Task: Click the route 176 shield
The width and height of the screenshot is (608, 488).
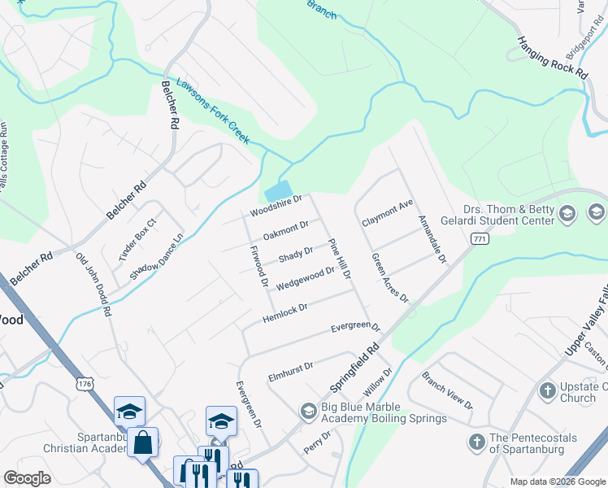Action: pos(86,381)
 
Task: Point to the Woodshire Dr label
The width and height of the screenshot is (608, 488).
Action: pos(276,205)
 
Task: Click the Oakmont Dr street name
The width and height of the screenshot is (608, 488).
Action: pos(286,230)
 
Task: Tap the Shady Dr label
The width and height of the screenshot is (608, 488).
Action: pos(296,255)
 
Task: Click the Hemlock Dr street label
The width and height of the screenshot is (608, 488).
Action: pos(284,312)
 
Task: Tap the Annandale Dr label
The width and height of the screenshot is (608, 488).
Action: pos(432,239)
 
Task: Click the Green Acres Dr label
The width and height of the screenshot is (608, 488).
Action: pos(389,277)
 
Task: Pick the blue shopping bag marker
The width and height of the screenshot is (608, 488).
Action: pos(143,443)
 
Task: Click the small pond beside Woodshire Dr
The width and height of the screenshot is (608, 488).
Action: pos(278,190)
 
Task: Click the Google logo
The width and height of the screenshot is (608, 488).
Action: pos(28,478)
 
